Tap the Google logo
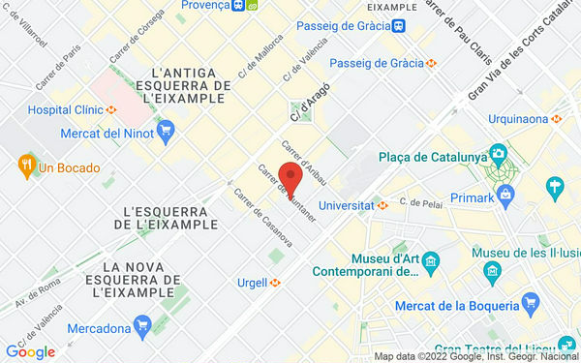(x=30, y=352)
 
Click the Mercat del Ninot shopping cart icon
(x=167, y=129)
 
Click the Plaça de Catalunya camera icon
(x=498, y=155)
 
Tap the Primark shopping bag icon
(x=557, y=185)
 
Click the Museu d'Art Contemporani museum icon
(x=431, y=260)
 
